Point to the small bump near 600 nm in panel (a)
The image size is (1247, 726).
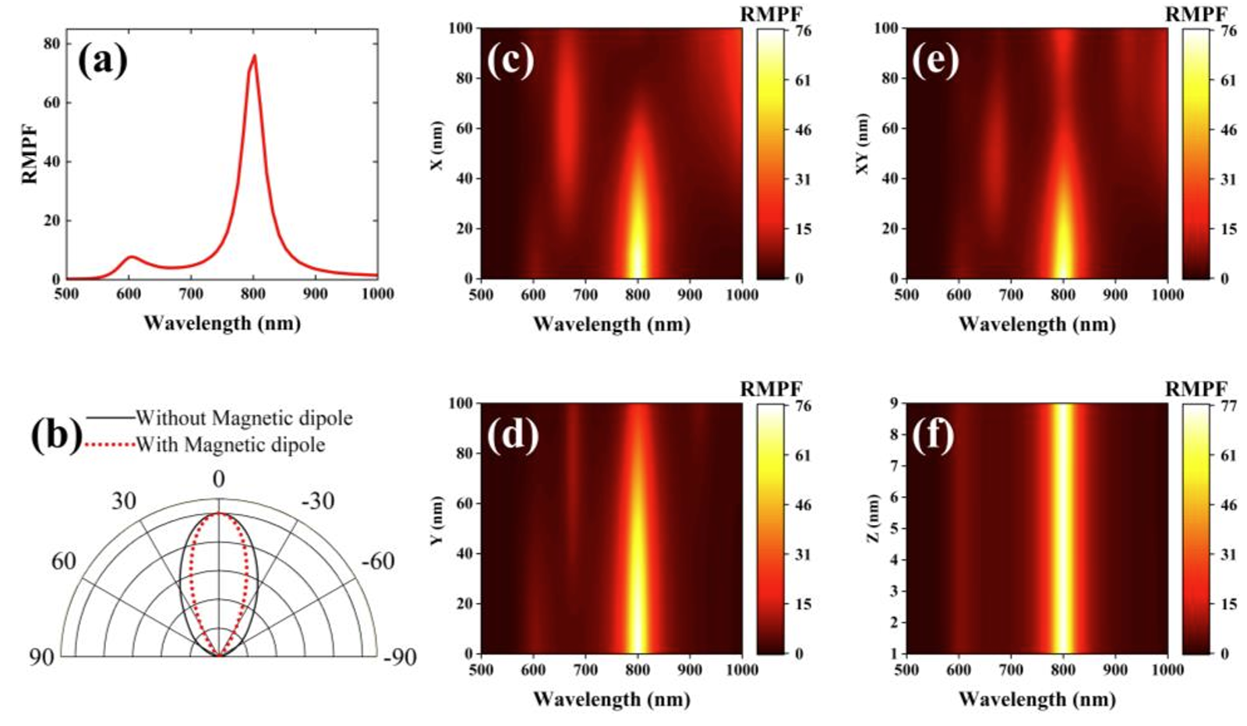pos(131,257)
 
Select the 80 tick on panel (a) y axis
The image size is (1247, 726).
pos(52,44)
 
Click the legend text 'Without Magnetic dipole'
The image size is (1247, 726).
pos(243,418)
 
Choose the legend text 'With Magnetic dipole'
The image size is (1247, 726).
pos(230,445)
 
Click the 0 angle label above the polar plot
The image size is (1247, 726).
pos(219,478)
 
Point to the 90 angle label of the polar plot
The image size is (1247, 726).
pos(42,657)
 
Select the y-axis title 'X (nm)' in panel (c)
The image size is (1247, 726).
pos(436,146)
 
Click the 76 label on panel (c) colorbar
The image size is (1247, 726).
pos(803,31)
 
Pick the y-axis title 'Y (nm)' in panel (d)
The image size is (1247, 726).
pos(436,520)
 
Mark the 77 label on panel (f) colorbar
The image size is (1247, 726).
pos(1228,406)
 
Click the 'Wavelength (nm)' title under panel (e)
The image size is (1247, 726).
pos(1037,324)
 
